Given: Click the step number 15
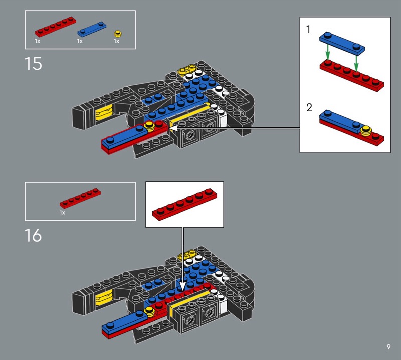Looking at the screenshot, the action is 33,64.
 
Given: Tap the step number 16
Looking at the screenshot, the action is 33,235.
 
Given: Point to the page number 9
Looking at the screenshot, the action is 389,347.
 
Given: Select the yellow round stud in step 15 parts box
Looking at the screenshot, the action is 118,34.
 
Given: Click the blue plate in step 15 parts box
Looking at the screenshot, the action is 92,29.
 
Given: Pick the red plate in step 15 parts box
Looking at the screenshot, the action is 56,27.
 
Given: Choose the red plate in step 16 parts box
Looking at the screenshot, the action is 80,198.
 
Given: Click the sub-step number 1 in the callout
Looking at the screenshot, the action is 308,30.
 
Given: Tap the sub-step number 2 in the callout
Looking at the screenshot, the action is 309,108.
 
